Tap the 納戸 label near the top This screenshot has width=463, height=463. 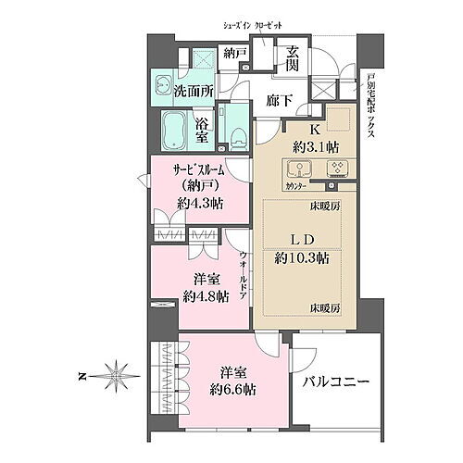click(x=235, y=53)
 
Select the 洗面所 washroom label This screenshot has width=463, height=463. click(x=194, y=91)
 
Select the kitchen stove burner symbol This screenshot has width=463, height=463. click(x=337, y=169)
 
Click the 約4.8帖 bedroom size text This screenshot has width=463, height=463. click(x=206, y=296)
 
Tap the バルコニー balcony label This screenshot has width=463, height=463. click(x=335, y=382)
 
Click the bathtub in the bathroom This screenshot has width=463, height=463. click(x=176, y=129)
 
